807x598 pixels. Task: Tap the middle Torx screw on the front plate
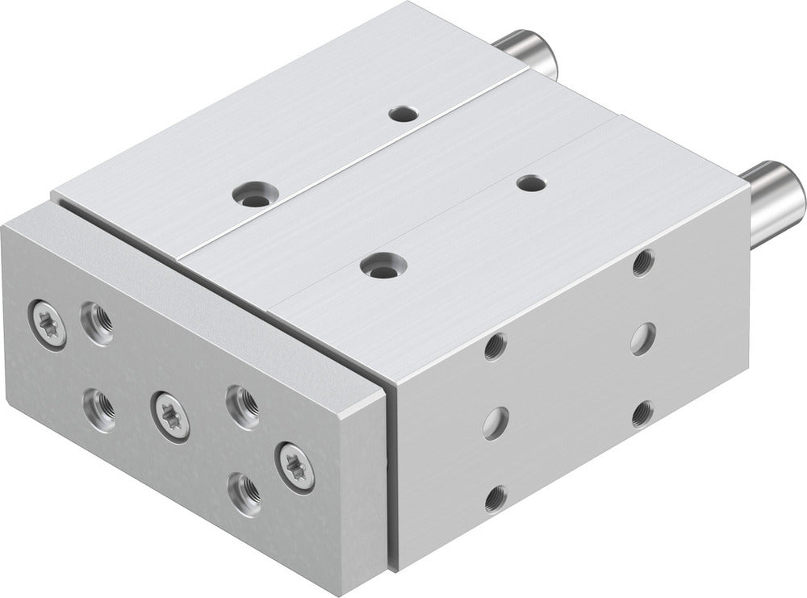(171, 416)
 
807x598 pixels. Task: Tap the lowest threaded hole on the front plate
(244, 491)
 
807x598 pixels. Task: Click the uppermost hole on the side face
(643, 262)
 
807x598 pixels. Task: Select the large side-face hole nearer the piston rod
(642, 338)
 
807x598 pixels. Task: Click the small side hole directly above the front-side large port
(495, 346)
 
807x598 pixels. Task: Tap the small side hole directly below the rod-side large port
(642, 413)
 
